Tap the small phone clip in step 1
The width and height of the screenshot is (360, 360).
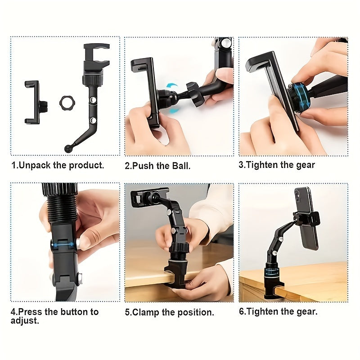pos(32,102)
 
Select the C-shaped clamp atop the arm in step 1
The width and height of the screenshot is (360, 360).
pos(96,56)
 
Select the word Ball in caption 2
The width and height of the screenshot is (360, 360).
pos(181,166)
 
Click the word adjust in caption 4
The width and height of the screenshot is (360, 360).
pos(25,321)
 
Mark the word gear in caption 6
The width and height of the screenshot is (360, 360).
pos(306,311)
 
